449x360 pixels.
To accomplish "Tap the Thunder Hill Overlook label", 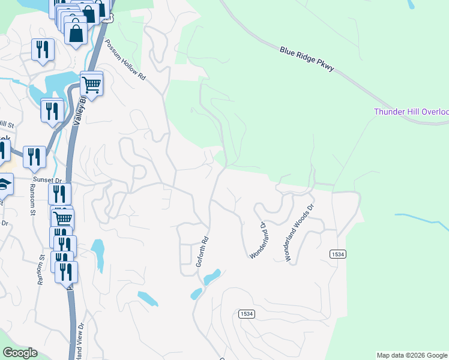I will [x=411, y=112].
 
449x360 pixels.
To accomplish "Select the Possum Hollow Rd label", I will [x=125, y=61].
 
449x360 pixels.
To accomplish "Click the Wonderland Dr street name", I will [x=258, y=241].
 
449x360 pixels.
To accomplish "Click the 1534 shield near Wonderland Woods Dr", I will [x=338, y=254].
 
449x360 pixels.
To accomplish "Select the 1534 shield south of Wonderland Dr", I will [x=246, y=314].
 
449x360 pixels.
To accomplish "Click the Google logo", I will [x=20, y=353].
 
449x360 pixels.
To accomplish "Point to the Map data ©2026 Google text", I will [x=412, y=355].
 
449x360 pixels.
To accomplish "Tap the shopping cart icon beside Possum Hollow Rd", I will [x=91, y=84].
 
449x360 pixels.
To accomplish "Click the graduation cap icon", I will [x=4, y=184].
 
